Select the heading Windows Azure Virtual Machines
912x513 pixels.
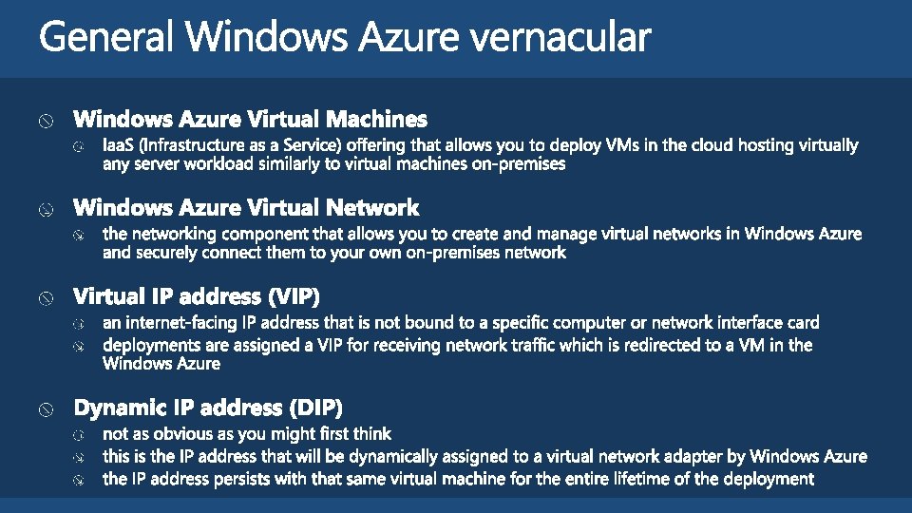[251, 120]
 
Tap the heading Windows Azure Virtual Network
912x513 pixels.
[246, 208]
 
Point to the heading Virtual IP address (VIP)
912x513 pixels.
[197, 296]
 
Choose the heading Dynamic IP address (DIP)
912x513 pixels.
[208, 408]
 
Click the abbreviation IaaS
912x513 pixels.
[120, 145]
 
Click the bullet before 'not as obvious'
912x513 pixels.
[80, 435]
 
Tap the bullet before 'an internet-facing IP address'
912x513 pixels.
[80, 324]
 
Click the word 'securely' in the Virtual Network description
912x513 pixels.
[171, 253]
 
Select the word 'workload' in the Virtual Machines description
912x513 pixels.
[220, 164]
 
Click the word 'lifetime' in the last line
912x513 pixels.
[665, 479]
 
